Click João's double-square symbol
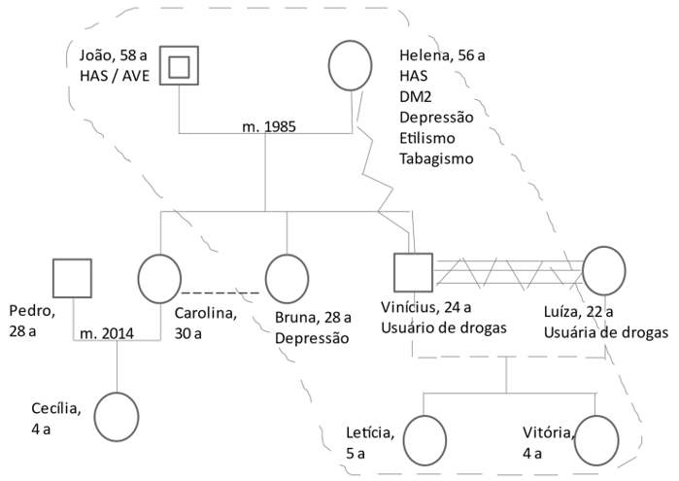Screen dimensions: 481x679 (179, 66)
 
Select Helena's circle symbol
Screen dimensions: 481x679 (351, 66)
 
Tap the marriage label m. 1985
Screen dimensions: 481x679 (269, 127)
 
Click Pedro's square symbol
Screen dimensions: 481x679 (72, 279)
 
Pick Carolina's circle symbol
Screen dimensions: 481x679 (159, 279)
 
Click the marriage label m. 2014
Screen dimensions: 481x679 (106, 334)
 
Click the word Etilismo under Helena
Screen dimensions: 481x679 (427, 138)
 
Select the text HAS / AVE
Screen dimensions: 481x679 (116, 77)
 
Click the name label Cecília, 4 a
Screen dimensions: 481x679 (56, 417)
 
